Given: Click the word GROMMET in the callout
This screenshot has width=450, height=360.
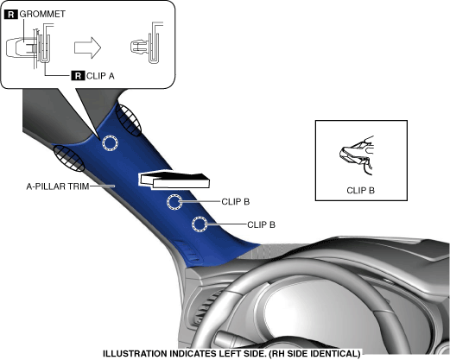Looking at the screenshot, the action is pyautogui.click(x=42, y=14).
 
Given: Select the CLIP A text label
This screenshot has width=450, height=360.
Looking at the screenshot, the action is pyautogui.click(x=100, y=76).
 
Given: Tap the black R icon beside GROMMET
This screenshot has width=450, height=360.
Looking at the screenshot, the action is pyautogui.click(x=11, y=14).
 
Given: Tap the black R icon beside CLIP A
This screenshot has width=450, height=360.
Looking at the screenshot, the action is pyautogui.click(x=78, y=76).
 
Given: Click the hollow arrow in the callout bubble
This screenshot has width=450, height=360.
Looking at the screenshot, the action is pyautogui.click(x=88, y=47).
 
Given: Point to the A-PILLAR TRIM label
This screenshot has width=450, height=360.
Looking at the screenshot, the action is pyautogui.click(x=58, y=186).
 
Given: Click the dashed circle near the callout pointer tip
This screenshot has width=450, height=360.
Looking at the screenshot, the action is pyautogui.click(x=111, y=143).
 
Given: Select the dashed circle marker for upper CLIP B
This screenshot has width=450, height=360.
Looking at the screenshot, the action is pyautogui.click(x=174, y=202).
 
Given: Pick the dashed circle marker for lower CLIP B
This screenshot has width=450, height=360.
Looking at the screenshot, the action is pyautogui.click(x=200, y=224).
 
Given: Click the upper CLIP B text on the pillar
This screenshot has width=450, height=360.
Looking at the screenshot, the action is pyautogui.click(x=236, y=202).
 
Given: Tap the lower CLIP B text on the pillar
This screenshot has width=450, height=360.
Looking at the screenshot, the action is pyautogui.click(x=261, y=224).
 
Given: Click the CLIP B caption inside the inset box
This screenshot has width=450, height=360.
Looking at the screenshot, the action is pyautogui.click(x=360, y=191).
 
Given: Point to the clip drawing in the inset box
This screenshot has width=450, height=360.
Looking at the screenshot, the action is pyautogui.click(x=357, y=155).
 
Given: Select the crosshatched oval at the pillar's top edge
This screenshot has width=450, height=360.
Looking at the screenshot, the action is pyautogui.click(x=129, y=120).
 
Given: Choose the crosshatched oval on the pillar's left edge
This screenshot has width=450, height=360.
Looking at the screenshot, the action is pyautogui.click(x=69, y=159).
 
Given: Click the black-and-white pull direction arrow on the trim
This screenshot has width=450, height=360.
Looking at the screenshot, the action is pyautogui.click(x=174, y=180).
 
